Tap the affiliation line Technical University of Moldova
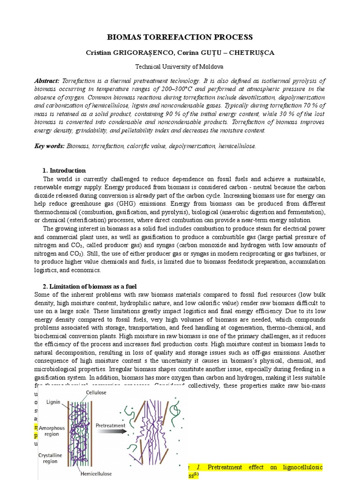(x=180, y=67)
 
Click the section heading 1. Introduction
(x=64, y=171)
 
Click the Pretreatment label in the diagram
(x=111, y=425)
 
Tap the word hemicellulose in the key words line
(x=236, y=146)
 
